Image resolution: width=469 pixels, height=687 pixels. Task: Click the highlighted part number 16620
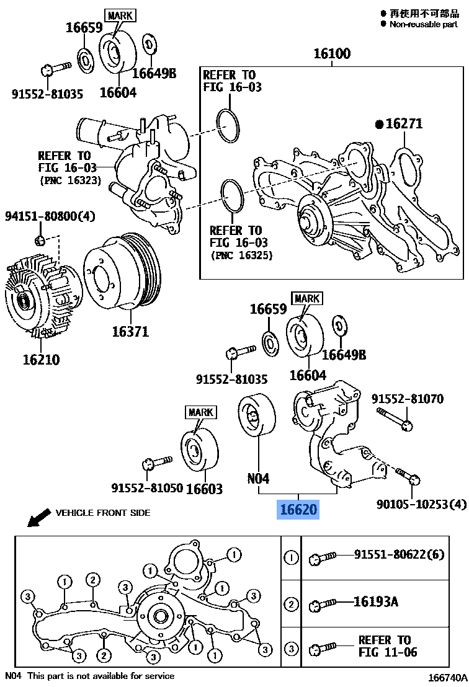(x=298, y=510)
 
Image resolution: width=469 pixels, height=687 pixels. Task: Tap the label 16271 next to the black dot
(x=404, y=124)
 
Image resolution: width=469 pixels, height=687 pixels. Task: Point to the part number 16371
(x=130, y=331)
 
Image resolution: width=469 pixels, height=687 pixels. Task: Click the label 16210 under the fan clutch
(x=41, y=359)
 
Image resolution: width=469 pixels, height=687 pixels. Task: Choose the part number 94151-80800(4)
(x=50, y=217)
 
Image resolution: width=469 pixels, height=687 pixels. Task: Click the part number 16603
(x=204, y=489)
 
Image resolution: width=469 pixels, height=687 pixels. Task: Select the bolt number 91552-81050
(x=147, y=488)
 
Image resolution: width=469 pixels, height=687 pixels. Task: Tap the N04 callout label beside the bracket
(x=258, y=478)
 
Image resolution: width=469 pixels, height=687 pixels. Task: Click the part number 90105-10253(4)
(x=421, y=505)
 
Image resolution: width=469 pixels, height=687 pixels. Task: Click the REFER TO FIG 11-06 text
(x=388, y=645)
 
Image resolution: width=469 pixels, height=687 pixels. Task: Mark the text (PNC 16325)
(x=241, y=255)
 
